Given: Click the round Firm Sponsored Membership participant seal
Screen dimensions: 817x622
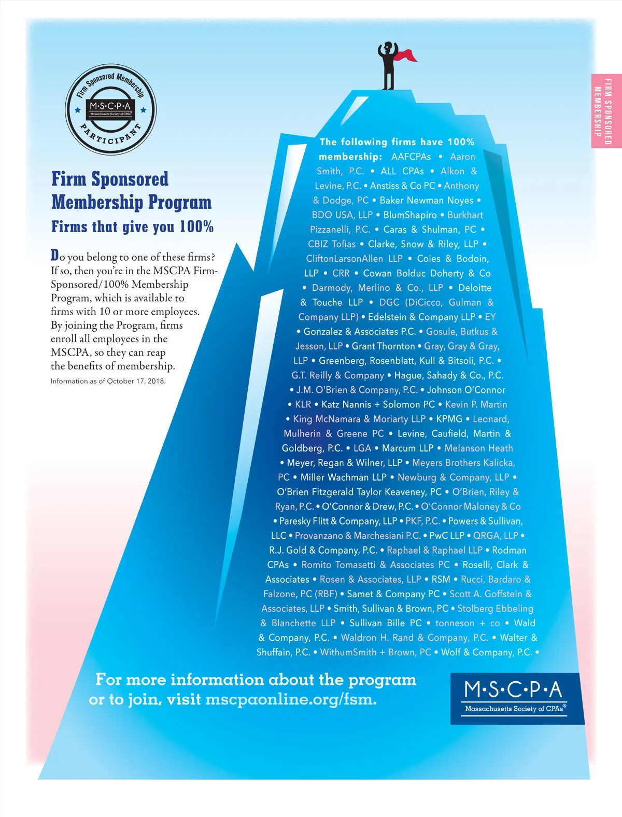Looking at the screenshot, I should (x=110, y=110).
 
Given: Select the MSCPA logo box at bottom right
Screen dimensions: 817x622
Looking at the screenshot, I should (x=517, y=698).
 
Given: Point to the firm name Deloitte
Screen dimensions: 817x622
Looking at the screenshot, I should (x=475, y=288).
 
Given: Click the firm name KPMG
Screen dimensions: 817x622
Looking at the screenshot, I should (x=449, y=419).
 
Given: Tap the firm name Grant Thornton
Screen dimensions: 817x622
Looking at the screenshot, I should (x=383, y=346).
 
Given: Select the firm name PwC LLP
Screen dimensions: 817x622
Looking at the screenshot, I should (x=447, y=536).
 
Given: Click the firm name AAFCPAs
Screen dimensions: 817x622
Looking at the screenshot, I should (x=411, y=157).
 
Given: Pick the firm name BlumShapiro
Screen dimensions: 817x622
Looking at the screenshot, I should (x=410, y=215).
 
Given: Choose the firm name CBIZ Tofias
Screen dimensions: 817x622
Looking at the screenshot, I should (x=332, y=244).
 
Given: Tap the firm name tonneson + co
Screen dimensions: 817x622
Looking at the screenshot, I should (x=468, y=623).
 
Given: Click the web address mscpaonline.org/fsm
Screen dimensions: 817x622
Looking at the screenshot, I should (x=291, y=699).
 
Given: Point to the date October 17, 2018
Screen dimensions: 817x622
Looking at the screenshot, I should (x=136, y=381).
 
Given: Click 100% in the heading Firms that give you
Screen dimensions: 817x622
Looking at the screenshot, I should (x=196, y=227).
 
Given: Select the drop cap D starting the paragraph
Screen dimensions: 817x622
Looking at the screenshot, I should (x=55, y=255).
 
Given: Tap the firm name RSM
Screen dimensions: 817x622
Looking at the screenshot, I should (x=441, y=579).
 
